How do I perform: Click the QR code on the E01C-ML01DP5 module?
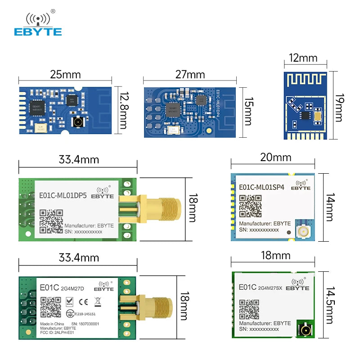pyautogui.click(x=51, y=220)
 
